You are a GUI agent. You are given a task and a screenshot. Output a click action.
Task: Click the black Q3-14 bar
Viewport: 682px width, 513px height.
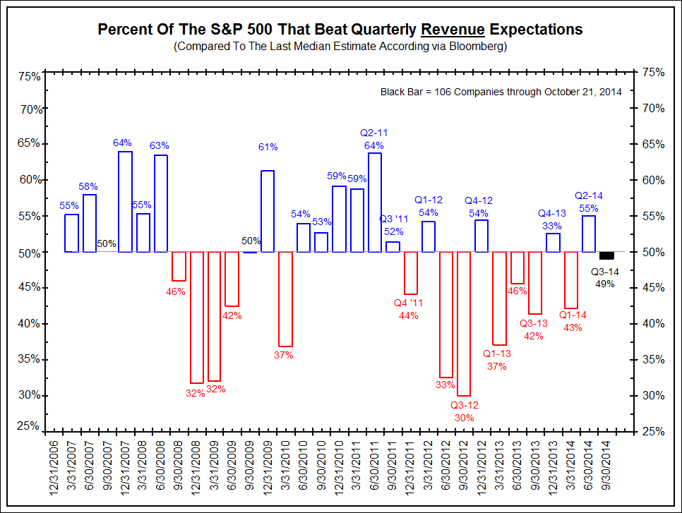point(606,255)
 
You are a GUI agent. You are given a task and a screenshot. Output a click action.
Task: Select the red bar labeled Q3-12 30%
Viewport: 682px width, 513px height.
point(464,324)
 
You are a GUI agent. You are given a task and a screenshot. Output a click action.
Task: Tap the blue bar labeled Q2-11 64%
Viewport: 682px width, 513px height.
point(375,203)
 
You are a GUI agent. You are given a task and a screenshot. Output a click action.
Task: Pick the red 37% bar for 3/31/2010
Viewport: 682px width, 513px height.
point(285,299)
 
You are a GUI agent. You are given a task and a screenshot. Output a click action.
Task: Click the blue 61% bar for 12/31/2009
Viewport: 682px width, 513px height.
point(268,211)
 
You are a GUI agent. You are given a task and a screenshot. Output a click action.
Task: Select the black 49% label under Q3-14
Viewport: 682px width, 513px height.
point(605,284)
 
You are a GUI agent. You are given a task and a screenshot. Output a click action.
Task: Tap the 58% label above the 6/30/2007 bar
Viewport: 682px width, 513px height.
point(89,186)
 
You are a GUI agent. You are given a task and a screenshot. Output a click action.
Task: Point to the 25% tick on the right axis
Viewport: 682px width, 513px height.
point(654,430)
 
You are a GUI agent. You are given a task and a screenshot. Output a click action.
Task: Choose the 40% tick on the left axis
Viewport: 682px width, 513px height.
point(29,324)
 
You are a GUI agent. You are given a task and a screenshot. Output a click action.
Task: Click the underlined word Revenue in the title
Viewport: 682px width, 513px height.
point(453,30)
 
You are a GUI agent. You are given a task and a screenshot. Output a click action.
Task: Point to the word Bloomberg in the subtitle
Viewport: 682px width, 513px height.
point(481,47)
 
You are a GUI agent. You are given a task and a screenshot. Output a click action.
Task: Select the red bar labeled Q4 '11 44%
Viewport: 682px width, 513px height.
point(410,273)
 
